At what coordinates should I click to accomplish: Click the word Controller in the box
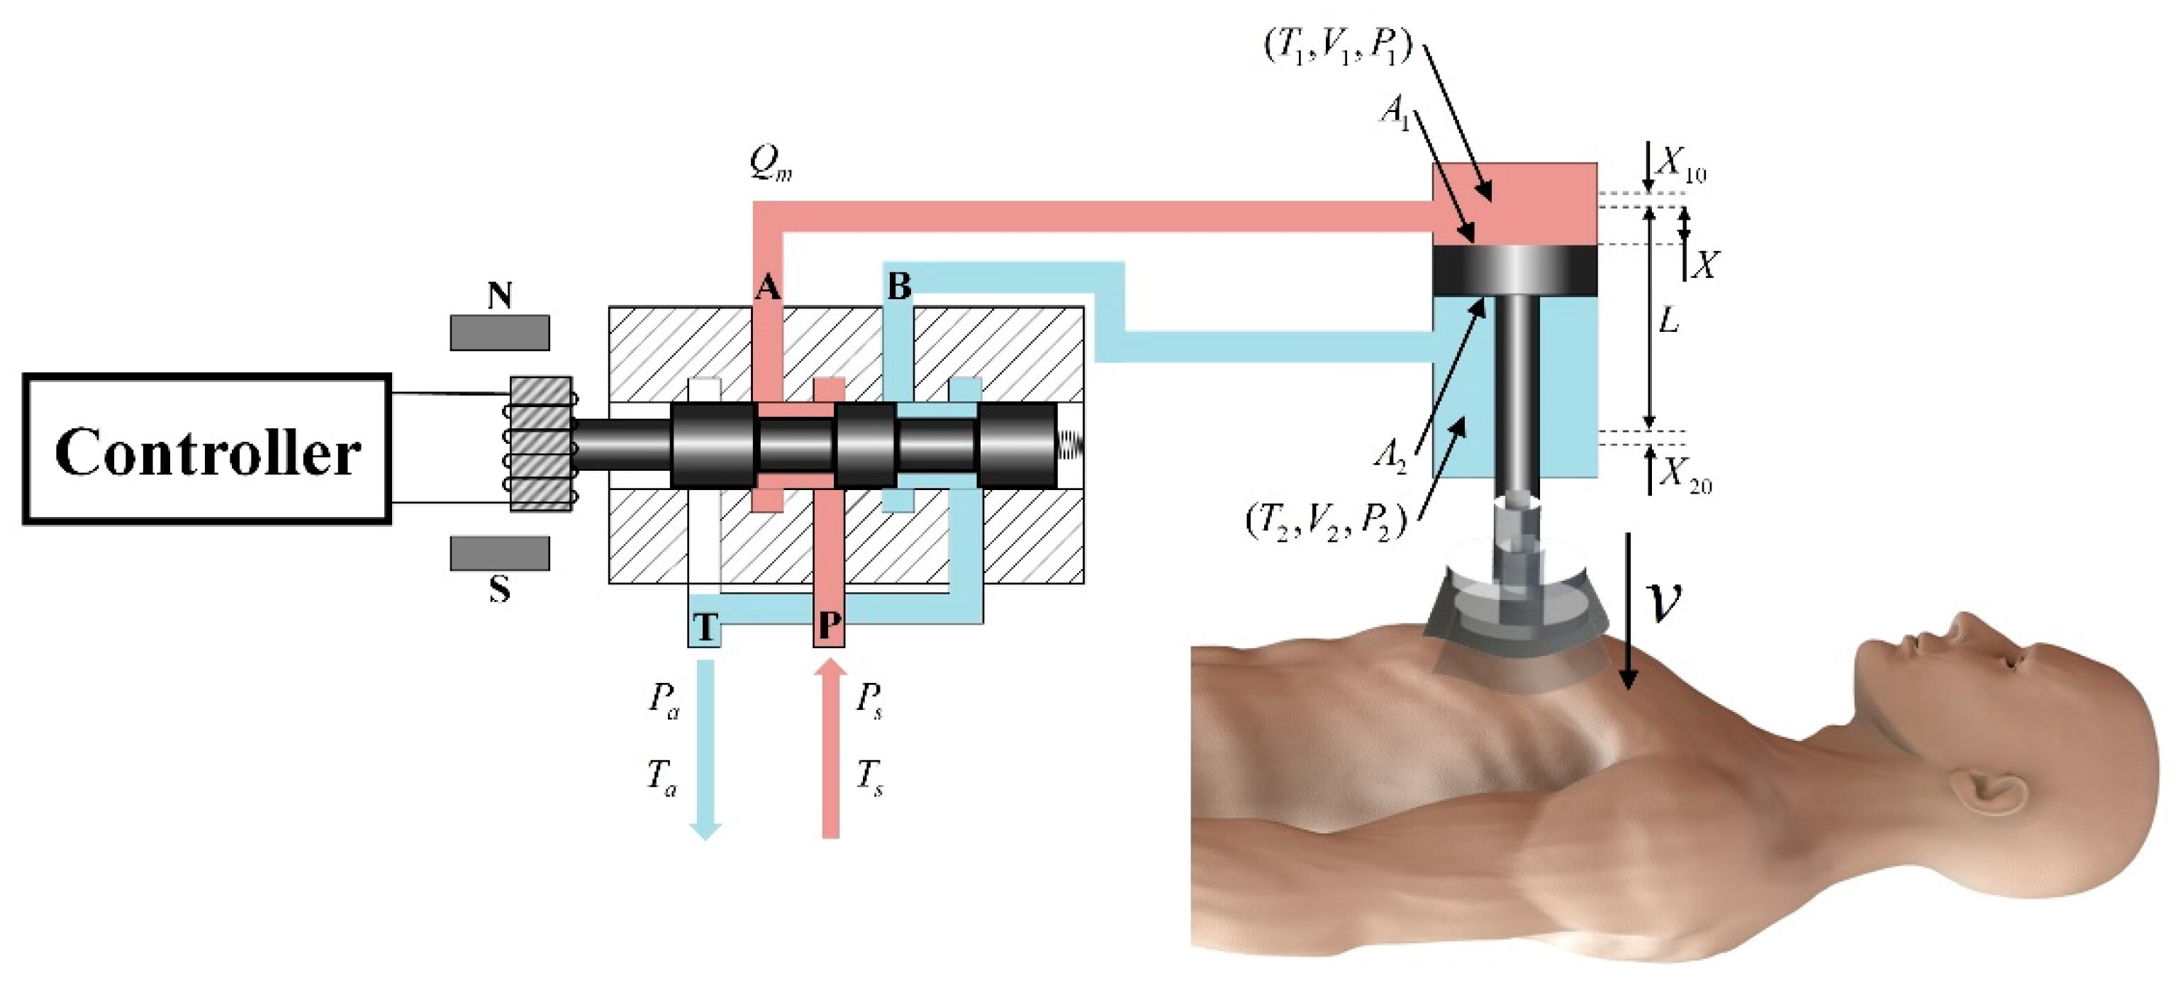208,452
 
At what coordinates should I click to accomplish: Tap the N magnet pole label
499,296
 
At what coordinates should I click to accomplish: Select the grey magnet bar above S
499,552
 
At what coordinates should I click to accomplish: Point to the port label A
767,288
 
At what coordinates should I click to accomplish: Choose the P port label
829,626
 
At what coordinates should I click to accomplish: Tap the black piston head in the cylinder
1514,270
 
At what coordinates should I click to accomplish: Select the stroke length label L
1668,321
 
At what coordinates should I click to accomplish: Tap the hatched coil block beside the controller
541,443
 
